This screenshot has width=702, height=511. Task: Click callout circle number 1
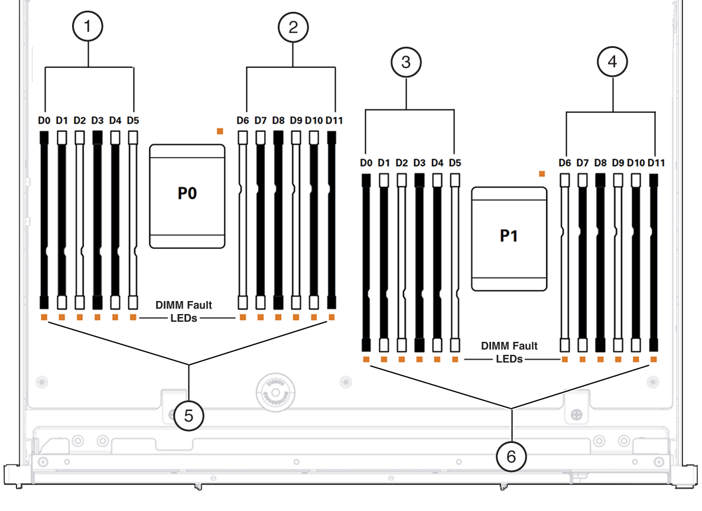coord(87,27)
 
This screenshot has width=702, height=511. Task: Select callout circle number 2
coord(293,27)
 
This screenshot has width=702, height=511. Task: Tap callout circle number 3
coord(406,62)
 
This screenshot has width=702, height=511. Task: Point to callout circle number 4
coord(612,62)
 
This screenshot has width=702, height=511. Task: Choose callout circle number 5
coord(188,416)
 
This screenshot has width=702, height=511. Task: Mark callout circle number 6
coord(511,457)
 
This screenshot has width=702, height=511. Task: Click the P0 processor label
coord(187,193)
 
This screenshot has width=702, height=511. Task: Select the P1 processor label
coord(509,236)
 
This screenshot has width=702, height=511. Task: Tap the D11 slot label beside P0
coord(334,121)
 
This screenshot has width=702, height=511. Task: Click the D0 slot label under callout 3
coord(366,163)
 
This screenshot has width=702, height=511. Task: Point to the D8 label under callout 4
coord(600,163)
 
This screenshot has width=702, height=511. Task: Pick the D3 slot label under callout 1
coord(97,121)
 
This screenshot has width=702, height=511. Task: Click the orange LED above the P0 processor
coord(220,131)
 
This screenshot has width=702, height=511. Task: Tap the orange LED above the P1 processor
coord(542,174)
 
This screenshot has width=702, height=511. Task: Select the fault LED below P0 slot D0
coord(44,318)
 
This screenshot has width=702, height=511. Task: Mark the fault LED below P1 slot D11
coord(654,360)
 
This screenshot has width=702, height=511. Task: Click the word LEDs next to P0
coord(184,318)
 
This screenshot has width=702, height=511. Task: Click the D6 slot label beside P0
coord(243,121)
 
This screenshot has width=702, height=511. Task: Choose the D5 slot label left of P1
coord(455,163)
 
